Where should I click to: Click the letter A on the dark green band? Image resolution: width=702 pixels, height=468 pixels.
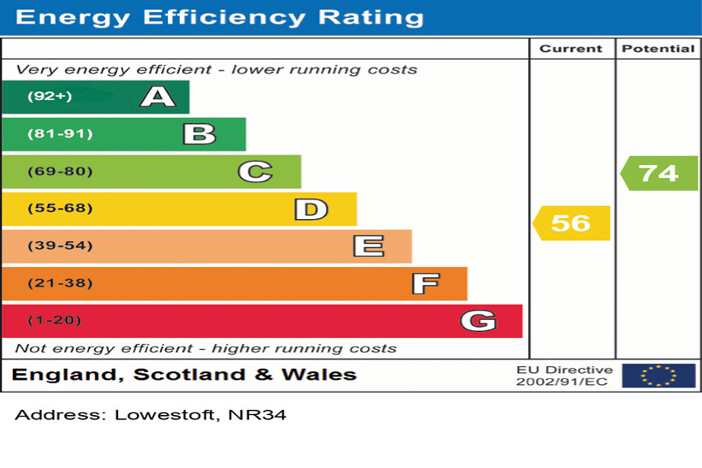click(x=158, y=97)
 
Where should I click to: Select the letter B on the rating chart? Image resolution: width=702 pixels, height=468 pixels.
click(x=199, y=134)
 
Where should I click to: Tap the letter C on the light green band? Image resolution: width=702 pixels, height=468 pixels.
click(x=254, y=172)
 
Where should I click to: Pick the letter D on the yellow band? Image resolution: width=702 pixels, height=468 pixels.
click(x=311, y=210)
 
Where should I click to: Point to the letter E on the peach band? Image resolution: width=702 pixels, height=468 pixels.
click(x=368, y=246)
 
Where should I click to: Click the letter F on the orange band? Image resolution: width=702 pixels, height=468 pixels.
click(x=425, y=284)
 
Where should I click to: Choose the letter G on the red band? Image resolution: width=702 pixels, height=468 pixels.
click(x=477, y=322)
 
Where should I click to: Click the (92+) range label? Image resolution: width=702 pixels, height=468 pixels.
click(x=50, y=97)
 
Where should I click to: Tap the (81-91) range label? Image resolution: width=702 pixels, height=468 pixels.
click(x=60, y=134)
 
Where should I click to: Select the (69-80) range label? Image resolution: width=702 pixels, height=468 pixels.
click(x=60, y=172)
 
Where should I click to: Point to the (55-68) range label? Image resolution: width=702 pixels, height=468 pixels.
click(x=60, y=209)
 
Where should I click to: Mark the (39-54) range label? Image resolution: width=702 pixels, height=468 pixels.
click(x=60, y=246)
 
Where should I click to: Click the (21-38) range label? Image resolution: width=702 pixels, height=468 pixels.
click(x=60, y=283)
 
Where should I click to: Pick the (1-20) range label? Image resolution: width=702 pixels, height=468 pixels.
click(x=55, y=321)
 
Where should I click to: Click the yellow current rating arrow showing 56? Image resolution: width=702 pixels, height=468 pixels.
click(x=571, y=223)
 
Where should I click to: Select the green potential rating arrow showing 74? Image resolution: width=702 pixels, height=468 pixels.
click(x=658, y=173)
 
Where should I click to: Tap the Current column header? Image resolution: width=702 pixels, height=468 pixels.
click(x=571, y=49)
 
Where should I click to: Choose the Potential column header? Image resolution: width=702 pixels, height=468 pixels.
click(x=658, y=49)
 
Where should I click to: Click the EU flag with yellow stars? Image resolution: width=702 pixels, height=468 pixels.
click(x=658, y=376)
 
